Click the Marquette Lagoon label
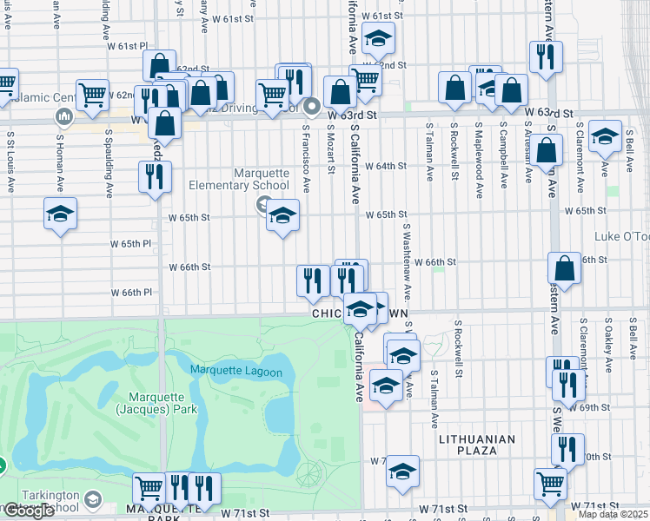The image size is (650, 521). [236, 372]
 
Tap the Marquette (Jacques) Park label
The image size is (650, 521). [157, 403]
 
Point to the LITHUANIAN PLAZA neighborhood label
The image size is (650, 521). [476, 445]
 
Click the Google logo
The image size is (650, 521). [30, 511]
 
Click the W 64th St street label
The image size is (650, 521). [386, 166]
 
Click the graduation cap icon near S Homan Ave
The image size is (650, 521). [61, 213]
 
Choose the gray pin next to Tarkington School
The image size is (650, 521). [93, 501]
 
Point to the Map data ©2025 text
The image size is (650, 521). [614, 514]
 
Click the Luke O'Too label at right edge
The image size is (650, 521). [622, 237]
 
